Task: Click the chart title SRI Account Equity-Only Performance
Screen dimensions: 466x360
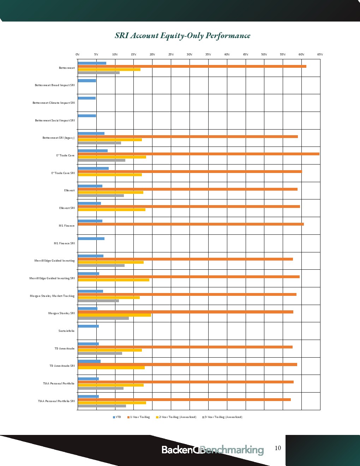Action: pos(182,36)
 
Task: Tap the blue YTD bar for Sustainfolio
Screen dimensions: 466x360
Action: pos(88,326)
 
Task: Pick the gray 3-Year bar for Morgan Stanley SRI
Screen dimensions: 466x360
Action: pos(103,318)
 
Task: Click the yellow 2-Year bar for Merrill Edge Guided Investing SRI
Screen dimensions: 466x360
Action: pos(113,280)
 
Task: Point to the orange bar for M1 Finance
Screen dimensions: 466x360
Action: pos(191,224)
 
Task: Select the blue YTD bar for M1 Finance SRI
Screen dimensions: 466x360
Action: pos(91,239)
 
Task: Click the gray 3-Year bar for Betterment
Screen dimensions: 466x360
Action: pos(98,73)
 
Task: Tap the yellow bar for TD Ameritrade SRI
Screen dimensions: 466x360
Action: pos(111,368)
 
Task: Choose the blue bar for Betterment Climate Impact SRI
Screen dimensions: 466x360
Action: pos(86,98)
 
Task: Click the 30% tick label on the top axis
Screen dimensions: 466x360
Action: pos(190,54)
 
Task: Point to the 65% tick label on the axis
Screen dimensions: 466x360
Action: pos(320,54)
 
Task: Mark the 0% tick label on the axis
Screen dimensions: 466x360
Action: pos(78,54)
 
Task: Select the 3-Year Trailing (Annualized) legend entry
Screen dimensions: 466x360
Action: pos(222,417)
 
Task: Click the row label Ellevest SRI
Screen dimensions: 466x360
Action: pos(67,208)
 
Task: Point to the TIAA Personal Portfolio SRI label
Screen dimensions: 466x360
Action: pos(56,401)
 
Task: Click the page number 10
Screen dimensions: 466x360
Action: pos(278,448)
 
